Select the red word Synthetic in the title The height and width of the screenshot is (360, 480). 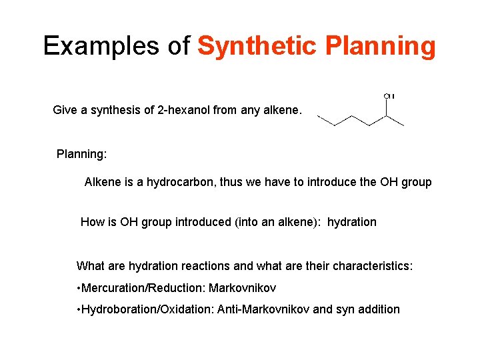tap(256, 46)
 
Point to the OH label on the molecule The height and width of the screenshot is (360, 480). tap(389, 96)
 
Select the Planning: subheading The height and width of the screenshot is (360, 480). tap(81, 154)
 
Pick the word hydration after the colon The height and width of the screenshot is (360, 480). tap(351, 222)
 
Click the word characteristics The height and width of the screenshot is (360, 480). tap(373, 266)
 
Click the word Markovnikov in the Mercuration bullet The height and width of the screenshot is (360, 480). tap(243, 288)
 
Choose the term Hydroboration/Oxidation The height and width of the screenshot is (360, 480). tap(146, 309)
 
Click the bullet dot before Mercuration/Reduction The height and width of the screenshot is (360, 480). tap(79, 288)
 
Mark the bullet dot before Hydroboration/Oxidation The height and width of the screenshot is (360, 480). tap(79, 309)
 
